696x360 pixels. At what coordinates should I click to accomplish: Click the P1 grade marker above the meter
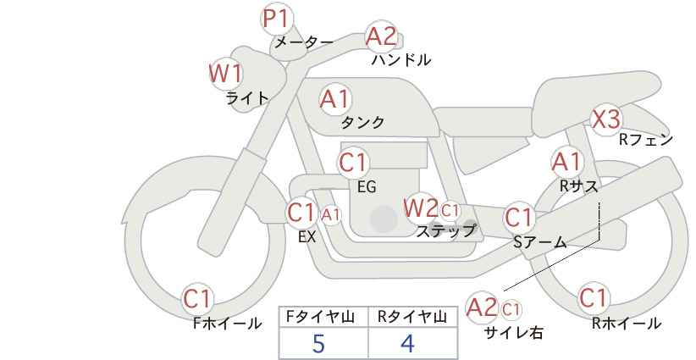[277, 20]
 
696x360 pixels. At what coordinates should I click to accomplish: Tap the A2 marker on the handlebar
[381, 36]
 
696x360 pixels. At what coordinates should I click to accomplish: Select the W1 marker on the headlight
[226, 73]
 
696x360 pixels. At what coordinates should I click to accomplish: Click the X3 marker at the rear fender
[606, 119]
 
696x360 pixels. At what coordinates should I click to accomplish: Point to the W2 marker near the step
[420, 208]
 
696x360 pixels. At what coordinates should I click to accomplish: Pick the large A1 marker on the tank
[335, 99]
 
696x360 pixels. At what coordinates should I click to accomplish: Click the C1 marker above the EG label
[353, 163]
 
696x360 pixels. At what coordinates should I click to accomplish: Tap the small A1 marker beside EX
[331, 215]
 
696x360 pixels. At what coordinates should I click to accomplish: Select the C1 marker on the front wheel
[198, 299]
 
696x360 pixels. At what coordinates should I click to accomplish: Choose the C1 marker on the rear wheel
[594, 298]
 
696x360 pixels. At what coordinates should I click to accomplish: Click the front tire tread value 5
[318, 343]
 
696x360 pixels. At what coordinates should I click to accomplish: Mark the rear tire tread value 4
[407, 343]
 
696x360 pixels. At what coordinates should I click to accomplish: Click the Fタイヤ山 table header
[320, 317]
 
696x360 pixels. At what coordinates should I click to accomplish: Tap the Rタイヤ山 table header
[412, 317]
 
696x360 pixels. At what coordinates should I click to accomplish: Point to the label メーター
[305, 42]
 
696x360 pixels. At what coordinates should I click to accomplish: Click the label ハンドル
[401, 59]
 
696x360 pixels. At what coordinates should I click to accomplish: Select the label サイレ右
[514, 333]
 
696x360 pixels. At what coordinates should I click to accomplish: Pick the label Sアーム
[540, 242]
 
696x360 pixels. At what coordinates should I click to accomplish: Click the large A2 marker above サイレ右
[483, 307]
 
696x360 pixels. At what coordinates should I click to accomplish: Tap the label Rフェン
[646, 140]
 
